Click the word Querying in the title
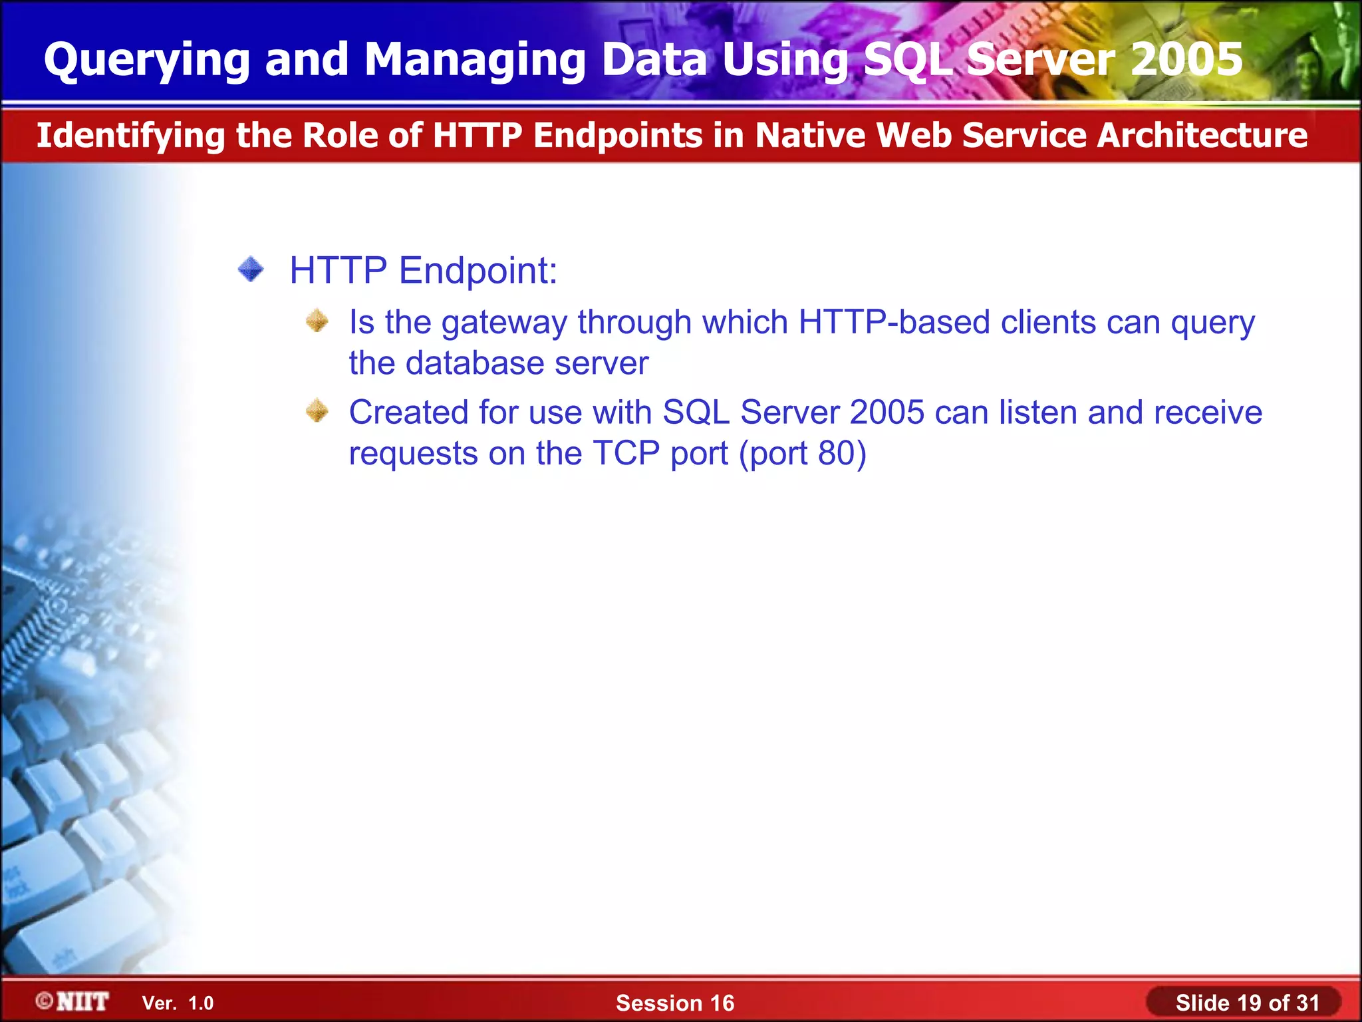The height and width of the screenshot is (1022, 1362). click(147, 60)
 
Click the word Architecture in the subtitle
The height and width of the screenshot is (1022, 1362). click(1202, 136)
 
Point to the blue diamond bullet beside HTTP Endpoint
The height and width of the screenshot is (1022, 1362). click(251, 269)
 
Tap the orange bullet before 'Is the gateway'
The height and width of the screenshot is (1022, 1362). click(317, 321)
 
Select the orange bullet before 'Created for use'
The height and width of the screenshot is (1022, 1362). click(317, 411)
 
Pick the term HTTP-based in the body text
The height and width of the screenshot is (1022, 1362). click(894, 322)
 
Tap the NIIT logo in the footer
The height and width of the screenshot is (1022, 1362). click(72, 1002)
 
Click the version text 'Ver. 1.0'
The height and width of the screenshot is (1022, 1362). click(178, 1003)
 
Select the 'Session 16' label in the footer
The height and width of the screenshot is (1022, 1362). click(675, 1003)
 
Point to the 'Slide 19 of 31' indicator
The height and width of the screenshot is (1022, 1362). click(1247, 1003)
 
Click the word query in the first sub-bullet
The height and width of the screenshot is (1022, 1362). click(1212, 323)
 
